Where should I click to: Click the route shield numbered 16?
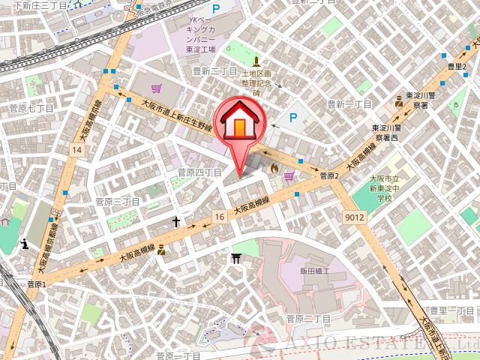point(218,216)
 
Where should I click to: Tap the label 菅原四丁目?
point(199,172)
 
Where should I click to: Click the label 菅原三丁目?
point(118,202)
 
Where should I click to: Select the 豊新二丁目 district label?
point(214,72)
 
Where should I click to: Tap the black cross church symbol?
point(176,222)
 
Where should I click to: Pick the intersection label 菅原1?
point(36,285)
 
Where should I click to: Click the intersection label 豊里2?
point(457,67)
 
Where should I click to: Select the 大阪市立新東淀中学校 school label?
point(385,187)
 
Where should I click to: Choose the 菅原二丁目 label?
point(307,319)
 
